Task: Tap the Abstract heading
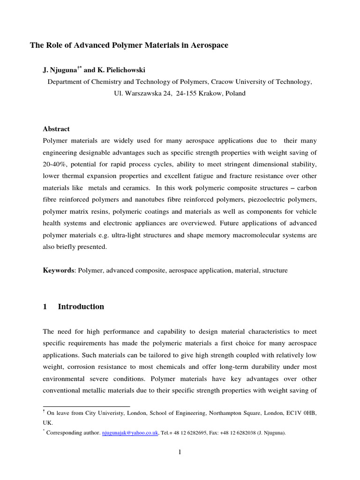pyautogui.click(x=56, y=129)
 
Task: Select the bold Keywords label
pyautogui.click(x=59, y=270)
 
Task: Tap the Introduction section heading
pyautogui.click(x=81, y=307)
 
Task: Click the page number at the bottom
pyautogui.click(x=180, y=452)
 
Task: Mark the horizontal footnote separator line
pyautogui.click(x=86, y=406)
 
